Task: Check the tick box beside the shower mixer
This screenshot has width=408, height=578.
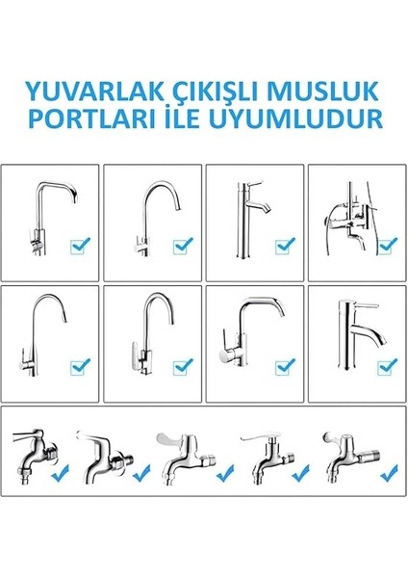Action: coord(385,247)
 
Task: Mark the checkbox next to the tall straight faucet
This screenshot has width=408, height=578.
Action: coord(283,247)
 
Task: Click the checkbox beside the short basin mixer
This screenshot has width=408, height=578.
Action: coord(385,365)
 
